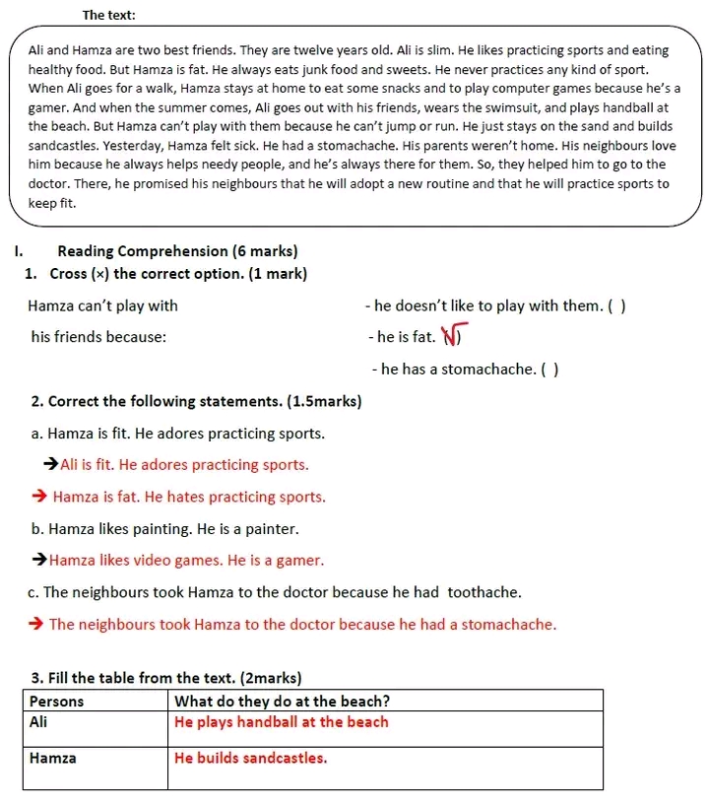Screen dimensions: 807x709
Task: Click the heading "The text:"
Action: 109,15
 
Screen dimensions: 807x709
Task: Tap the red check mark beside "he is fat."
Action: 453,337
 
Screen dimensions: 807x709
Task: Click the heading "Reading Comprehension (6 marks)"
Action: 177,251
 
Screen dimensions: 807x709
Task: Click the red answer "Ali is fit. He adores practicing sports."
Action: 184,465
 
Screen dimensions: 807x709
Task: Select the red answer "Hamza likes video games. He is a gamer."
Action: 186,561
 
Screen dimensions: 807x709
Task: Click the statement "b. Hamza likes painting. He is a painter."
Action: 164,529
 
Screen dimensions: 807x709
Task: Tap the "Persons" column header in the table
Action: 57,702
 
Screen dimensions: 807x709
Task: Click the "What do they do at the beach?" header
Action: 282,702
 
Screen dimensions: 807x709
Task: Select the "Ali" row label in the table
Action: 39,722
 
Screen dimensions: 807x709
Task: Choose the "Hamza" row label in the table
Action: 52,759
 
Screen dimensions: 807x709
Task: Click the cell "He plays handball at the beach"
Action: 282,722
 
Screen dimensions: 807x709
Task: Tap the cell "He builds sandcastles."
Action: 251,759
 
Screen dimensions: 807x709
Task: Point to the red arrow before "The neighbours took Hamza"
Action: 37,625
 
